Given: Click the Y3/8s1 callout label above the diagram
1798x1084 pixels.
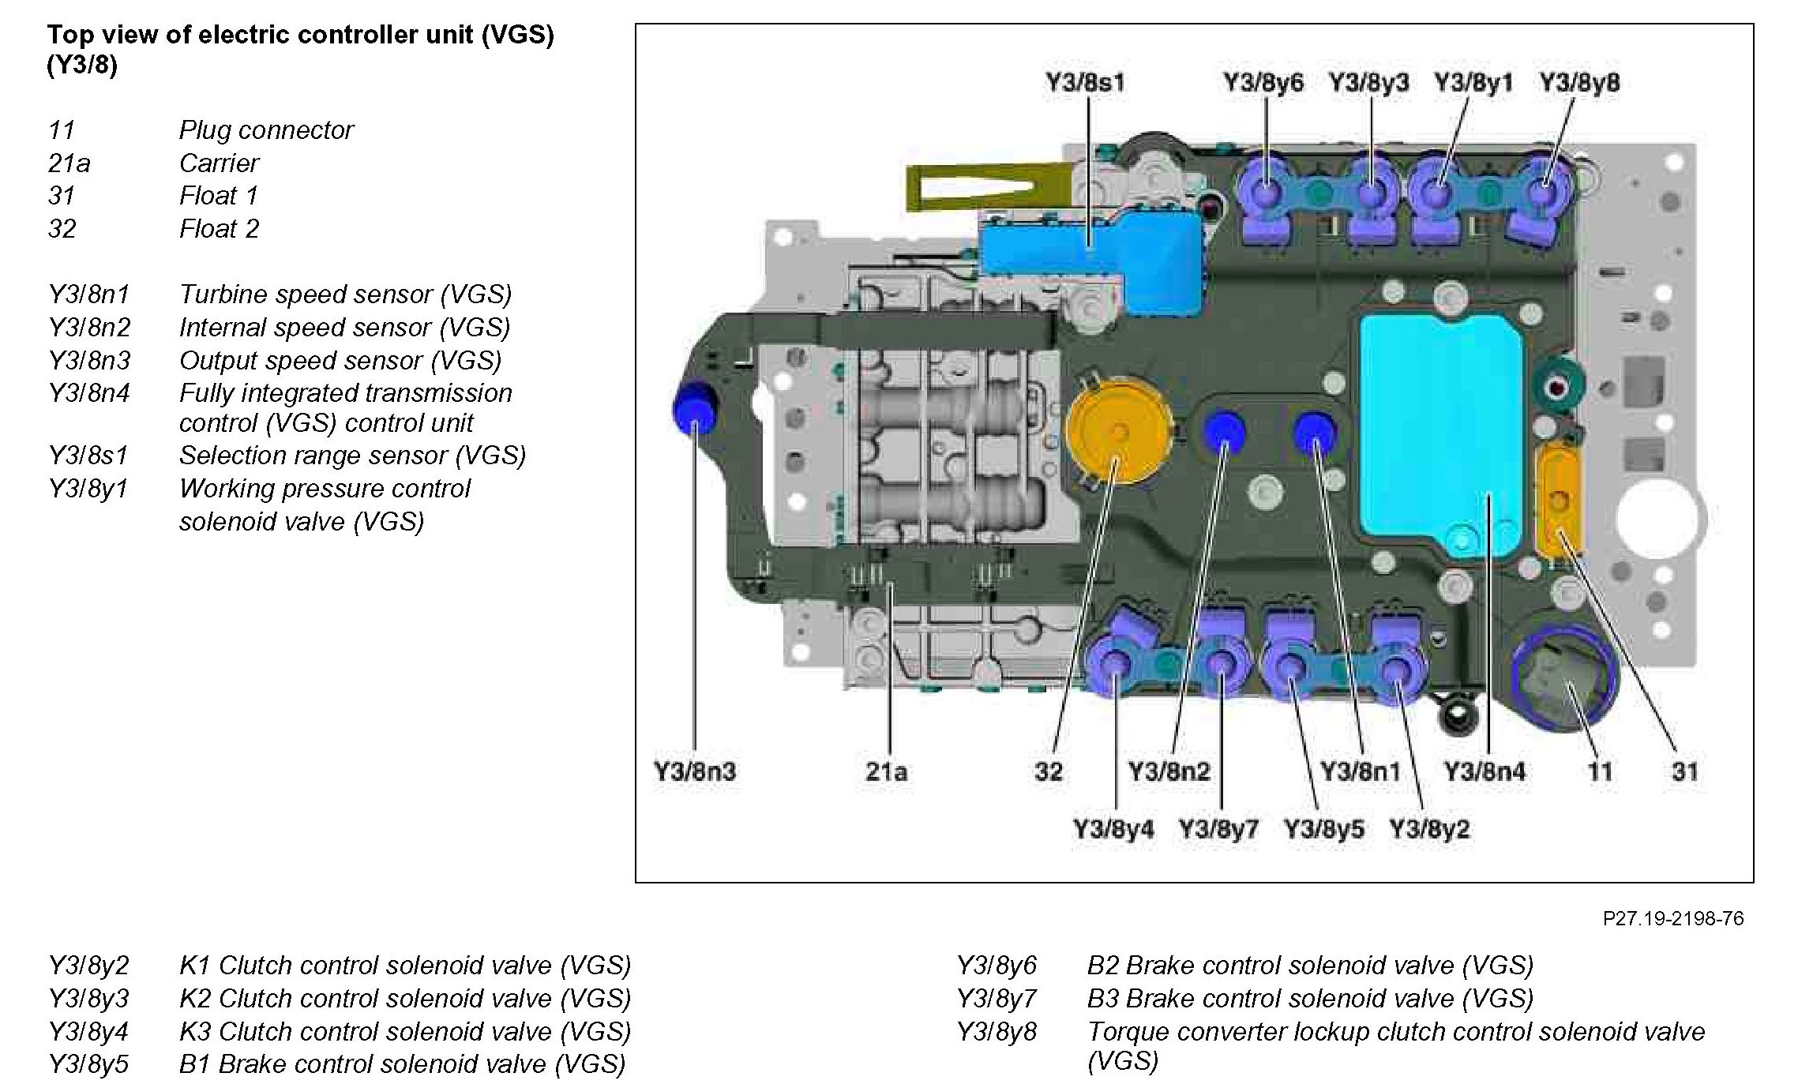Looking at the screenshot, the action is point(1085,83).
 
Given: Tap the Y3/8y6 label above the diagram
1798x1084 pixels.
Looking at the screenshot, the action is point(1263,83).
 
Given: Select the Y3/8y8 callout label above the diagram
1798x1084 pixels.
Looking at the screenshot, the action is point(1579,83).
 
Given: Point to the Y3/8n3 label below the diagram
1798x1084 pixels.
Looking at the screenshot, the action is point(695,771).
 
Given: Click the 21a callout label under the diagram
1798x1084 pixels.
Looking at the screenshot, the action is point(886,771).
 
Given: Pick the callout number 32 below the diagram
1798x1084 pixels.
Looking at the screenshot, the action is point(1049,771).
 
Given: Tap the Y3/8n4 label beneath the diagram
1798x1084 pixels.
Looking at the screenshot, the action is point(1485,771).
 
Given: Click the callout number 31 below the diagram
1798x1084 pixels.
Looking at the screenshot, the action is point(1684,771).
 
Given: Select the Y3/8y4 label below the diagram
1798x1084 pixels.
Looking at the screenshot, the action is point(1113,830).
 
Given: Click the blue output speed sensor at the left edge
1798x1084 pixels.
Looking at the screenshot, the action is point(692,407).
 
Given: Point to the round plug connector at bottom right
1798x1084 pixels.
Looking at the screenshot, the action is point(1563,679).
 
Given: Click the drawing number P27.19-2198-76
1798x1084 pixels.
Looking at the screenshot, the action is point(1672,918).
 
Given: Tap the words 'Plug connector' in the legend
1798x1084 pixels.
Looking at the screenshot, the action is point(266,130).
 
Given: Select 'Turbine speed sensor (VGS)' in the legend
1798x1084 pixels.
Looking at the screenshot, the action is point(345,294).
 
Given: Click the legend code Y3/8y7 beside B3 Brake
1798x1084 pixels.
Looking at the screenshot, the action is point(996,999).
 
